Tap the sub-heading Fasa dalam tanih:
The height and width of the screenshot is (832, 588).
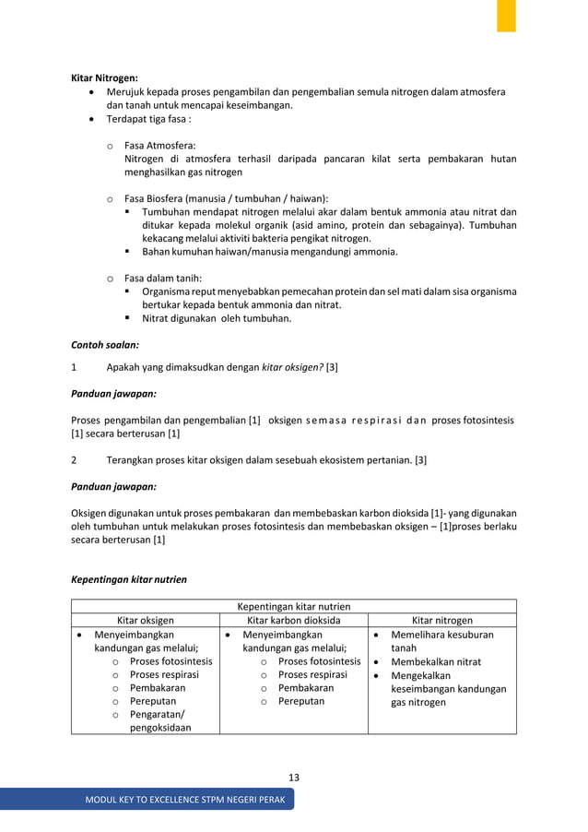163,278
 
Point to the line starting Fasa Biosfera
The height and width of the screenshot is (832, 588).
226,198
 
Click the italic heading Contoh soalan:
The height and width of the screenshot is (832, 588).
105,344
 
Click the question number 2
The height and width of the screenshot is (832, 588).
75,459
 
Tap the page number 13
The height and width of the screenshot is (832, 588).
293,777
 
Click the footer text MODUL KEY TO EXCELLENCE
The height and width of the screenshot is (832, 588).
185,799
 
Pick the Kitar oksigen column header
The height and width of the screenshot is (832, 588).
145,621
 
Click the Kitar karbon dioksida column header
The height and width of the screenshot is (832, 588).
293,621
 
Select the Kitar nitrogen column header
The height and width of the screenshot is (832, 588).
441,621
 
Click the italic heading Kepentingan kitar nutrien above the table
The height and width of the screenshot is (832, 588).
129,579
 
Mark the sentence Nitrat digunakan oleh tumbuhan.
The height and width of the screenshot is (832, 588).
216,318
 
